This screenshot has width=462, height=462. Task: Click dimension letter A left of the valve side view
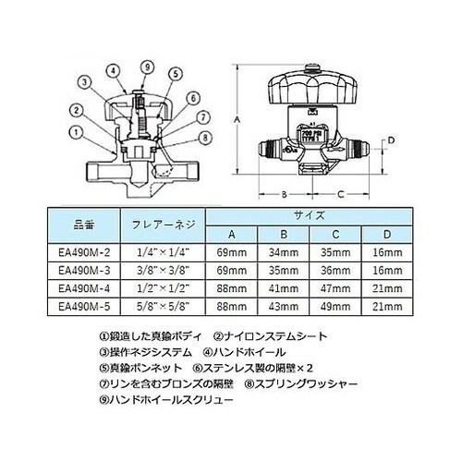(237, 119)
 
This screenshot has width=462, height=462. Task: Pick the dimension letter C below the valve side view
(340, 194)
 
